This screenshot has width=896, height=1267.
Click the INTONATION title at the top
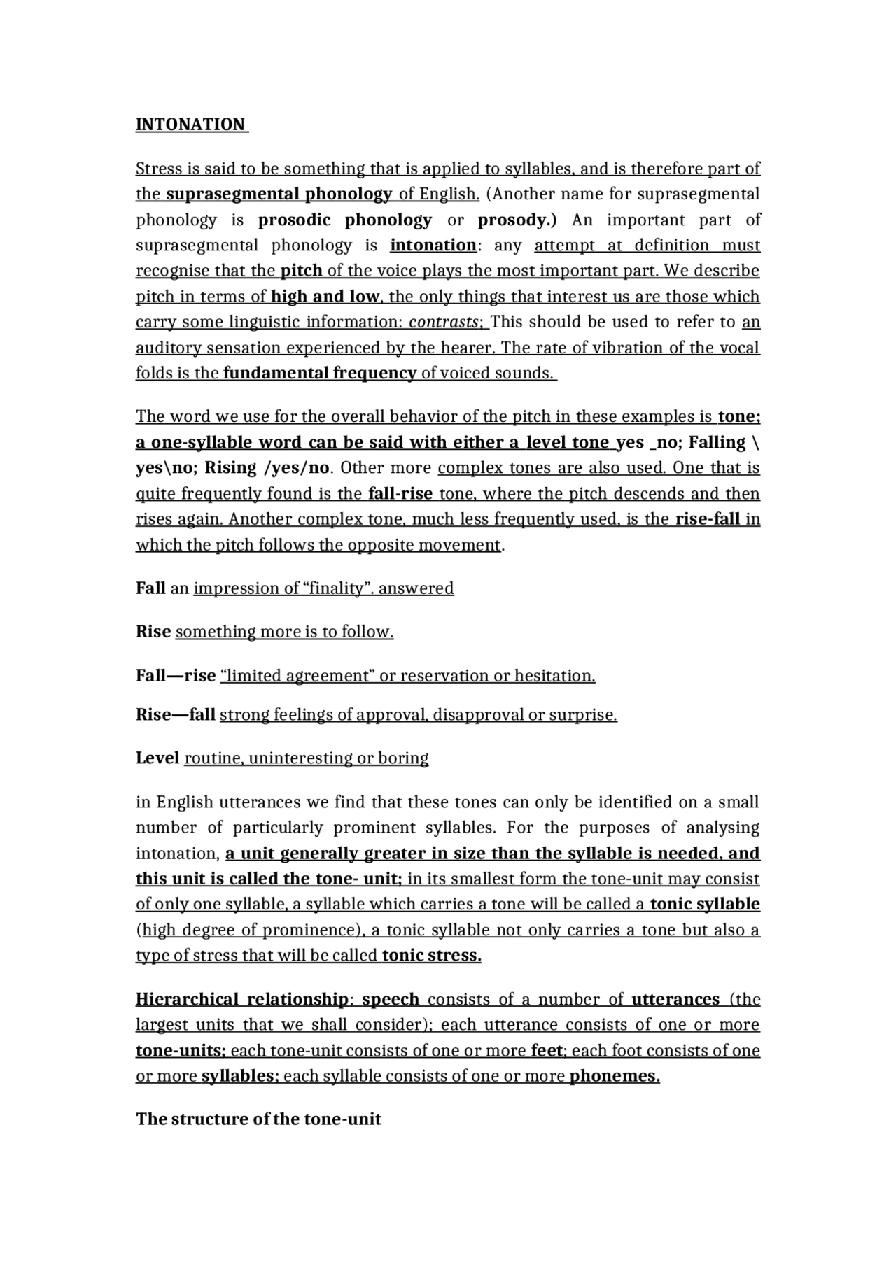click(x=190, y=125)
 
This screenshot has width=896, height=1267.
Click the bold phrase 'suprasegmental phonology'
click(x=279, y=194)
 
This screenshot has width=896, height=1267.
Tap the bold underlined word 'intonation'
click(x=433, y=246)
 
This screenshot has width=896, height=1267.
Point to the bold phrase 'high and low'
click(x=325, y=297)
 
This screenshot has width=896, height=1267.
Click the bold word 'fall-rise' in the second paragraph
click(x=400, y=494)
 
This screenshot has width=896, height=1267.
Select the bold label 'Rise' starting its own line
click(x=153, y=632)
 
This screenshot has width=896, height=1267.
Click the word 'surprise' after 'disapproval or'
click(x=582, y=715)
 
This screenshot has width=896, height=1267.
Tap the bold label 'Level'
click(x=157, y=758)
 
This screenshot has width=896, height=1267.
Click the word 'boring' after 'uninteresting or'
click(x=403, y=758)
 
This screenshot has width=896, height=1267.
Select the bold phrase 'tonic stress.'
click(x=432, y=956)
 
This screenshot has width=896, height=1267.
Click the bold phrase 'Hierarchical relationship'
click(x=241, y=999)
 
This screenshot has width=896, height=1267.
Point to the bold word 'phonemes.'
click(x=615, y=1076)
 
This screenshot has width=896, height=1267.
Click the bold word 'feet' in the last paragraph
click(x=547, y=1051)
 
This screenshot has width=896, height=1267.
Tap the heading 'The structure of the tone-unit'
click(x=258, y=1119)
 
